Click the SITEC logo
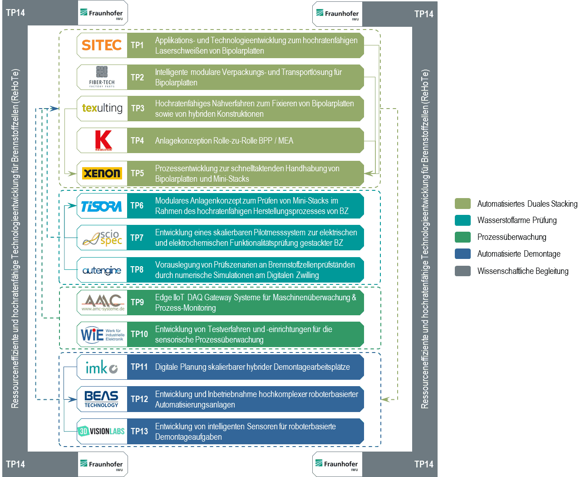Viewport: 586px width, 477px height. pyautogui.click(x=102, y=45)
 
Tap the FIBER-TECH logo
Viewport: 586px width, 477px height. pyautogui.click(x=102, y=77)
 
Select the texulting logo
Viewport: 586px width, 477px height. pyautogui.click(x=102, y=108)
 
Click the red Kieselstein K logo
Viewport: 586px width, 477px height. pyautogui.click(x=103, y=140)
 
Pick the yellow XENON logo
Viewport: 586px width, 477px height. pyautogui.click(x=102, y=173)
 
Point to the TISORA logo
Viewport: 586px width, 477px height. pyautogui.click(x=101, y=206)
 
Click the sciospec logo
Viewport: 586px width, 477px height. pyautogui.click(x=103, y=238)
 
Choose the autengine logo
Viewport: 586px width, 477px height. pyautogui.click(x=102, y=270)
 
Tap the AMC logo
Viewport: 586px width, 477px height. pyautogui.click(x=103, y=302)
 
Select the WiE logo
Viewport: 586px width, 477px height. pyautogui.click(x=102, y=334)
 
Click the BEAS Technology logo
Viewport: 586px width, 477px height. pyautogui.click(x=101, y=399)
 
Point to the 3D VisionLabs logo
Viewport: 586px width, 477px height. pyautogui.click(x=101, y=431)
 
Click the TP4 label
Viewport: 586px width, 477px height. pyautogui.click(x=137, y=141)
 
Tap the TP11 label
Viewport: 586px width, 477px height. pyautogui.click(x=139, y=367)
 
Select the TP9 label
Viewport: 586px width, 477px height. pyautogui.click(x=137, y=303)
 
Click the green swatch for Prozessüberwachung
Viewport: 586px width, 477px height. pyautogui.click(x=463, y=237)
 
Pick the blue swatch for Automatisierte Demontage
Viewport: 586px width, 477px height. pyautogui.click(x=463, y=254)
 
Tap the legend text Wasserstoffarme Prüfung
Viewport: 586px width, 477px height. pyautogui.click(x=517, y=220)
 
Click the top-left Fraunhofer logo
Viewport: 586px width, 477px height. pyautogui.click(x=103, y=13)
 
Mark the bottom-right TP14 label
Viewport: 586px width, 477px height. pyautogui.click(x=423, y=464)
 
